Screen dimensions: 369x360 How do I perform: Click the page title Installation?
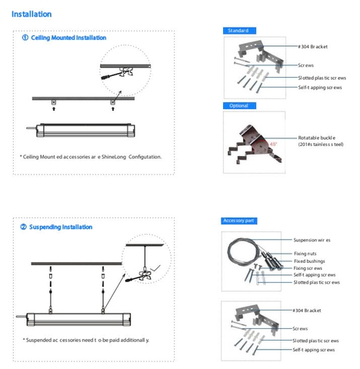tap(32, 14)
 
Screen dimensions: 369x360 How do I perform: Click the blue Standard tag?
tap(238, 30)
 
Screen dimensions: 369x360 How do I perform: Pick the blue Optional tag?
tap(238, 105)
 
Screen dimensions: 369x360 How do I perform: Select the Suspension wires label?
tap(312, 240)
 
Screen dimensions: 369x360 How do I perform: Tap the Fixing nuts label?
tap(306, 253)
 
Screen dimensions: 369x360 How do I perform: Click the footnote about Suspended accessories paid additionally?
tap(86, 339)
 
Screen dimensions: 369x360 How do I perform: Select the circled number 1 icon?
tap(25, 38)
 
